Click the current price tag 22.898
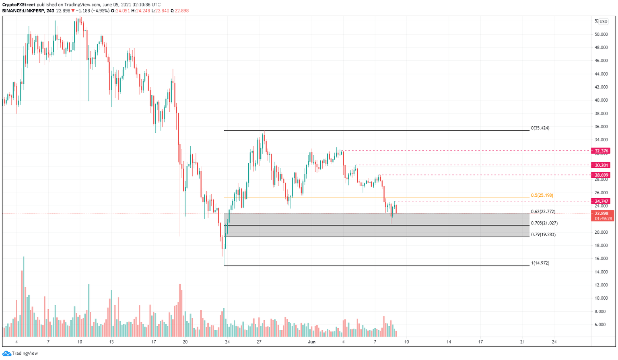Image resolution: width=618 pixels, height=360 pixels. pos(602,213)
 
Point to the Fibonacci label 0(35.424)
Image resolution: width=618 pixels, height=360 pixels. pos(540,128)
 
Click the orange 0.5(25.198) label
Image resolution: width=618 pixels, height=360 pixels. pos(542,195)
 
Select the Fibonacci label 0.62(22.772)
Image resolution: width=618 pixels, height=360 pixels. pos(543,212)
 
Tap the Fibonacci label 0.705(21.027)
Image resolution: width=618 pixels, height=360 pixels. pos(544,223)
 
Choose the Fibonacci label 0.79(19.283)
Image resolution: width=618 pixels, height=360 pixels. pos(543,234)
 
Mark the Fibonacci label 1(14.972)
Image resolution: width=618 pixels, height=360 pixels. pos(540,263)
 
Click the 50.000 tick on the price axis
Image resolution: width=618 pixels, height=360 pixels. pos(601,34)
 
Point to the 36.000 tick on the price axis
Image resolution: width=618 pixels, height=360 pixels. pos(601,127)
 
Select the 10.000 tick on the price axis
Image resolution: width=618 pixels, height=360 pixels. pos(601,298)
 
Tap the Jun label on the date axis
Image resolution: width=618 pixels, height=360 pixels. pos(311,342)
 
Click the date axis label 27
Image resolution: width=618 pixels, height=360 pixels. pos(259,342)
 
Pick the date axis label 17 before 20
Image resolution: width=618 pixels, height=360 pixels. pos(154,342)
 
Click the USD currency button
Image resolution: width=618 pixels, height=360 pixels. pos(603,22)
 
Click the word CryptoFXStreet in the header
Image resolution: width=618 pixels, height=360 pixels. pos(19,5)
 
